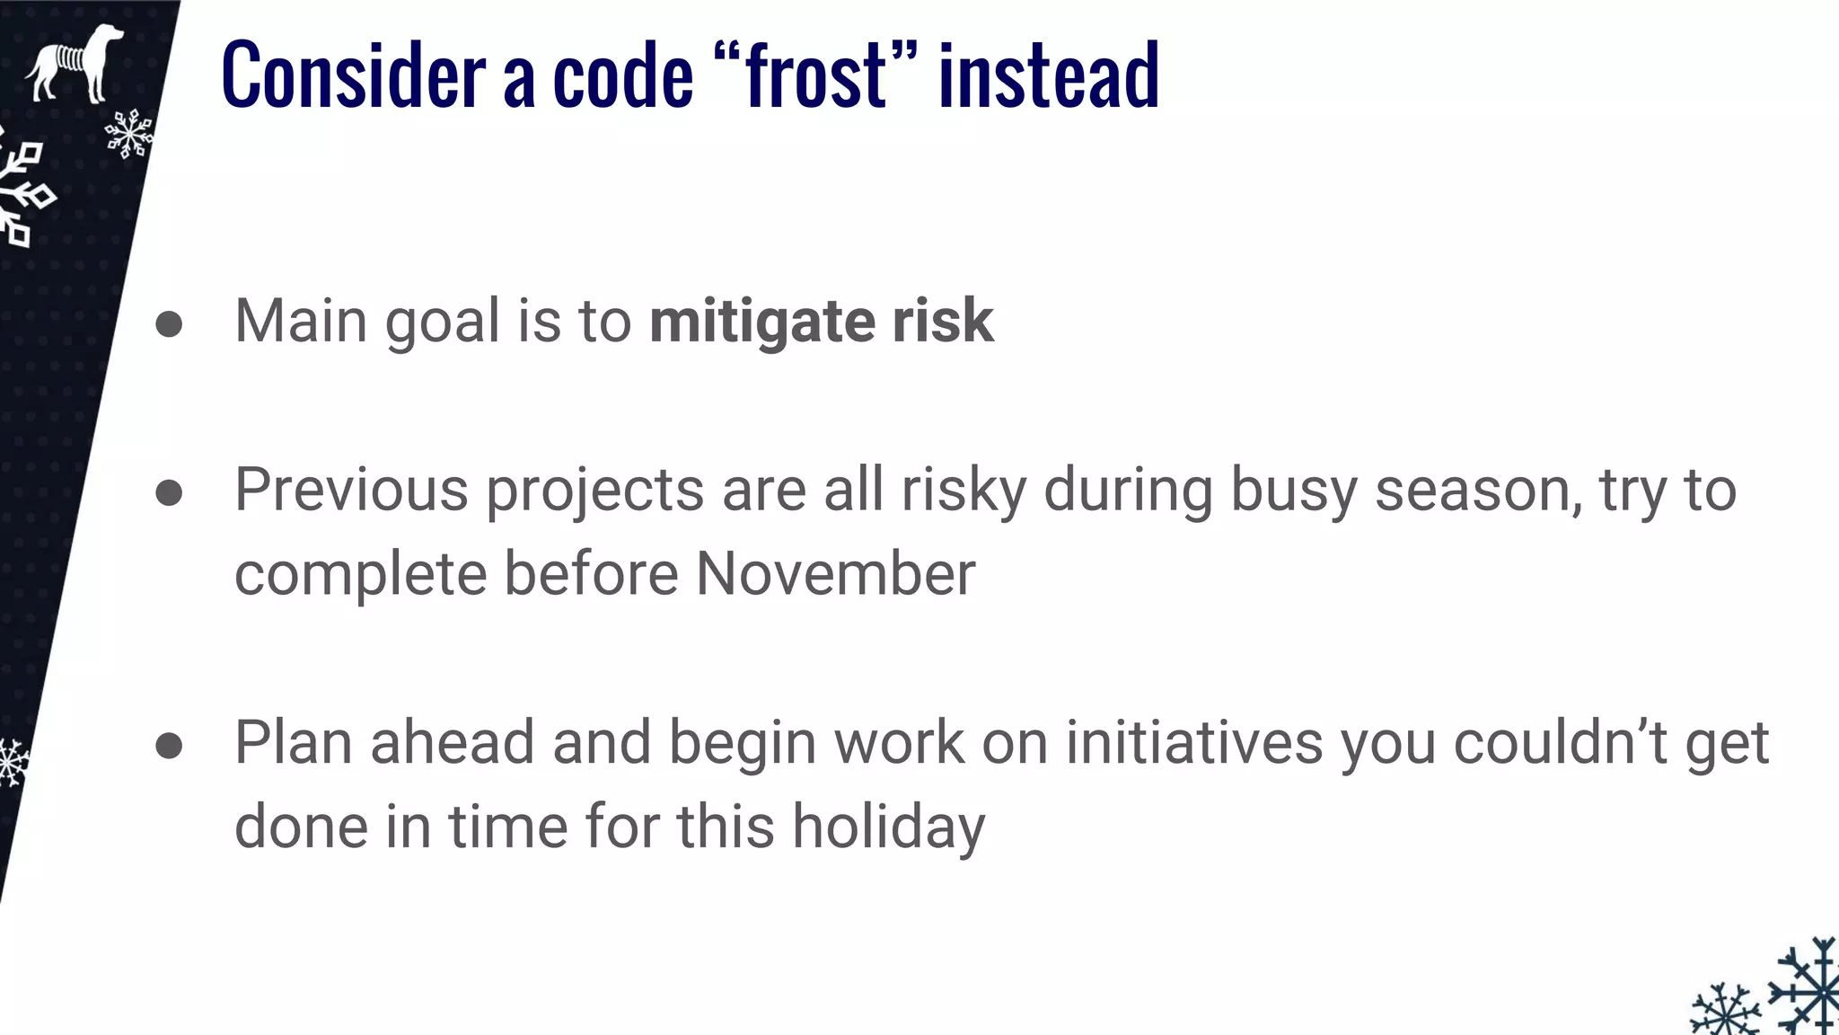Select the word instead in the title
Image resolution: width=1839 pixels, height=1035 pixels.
(x=1048, y=75)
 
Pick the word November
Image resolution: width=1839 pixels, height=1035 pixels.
(x=835, y=574)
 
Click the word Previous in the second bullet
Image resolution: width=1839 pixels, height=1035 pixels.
(x=351, y=491)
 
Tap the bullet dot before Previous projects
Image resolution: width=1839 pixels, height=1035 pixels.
(x=169, y=492)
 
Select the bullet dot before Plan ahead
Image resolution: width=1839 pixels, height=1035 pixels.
(x=169, y=745)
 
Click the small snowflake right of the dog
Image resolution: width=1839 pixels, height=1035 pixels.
(x=129, y=134)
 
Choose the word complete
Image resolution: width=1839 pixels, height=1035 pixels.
(x=360, y=574)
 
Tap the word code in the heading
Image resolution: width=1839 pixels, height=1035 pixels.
(x=623, y=75)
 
